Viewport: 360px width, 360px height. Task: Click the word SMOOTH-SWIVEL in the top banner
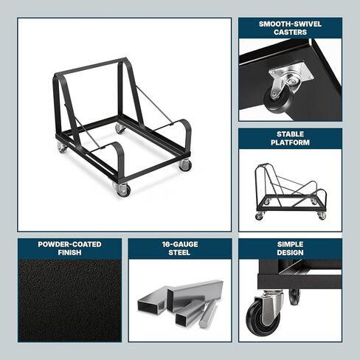point(290,24)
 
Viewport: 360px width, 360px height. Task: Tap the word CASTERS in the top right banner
point(290,32)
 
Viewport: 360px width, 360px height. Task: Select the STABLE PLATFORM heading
point(290,138)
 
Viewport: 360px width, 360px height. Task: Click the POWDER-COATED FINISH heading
point(69,248)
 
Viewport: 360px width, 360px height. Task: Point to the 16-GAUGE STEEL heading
point(179,248)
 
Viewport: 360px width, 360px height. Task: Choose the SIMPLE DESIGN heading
point(290,248)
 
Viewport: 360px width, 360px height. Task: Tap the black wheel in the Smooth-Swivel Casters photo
point(274,97)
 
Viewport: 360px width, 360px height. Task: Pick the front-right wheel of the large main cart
point(184,165)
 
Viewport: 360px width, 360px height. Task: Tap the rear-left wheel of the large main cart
point(63,148)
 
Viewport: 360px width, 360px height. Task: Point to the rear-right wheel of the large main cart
point(120,129)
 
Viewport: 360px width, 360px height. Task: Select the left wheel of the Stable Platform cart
point(260,216)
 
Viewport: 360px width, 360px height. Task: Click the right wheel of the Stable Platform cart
point(322,215)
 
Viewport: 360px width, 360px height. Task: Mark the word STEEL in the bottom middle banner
point(179,252)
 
